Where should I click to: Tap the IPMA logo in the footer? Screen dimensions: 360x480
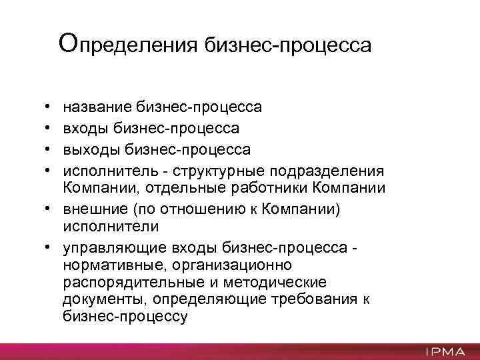443,351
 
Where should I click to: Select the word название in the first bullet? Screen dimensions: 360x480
97,107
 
